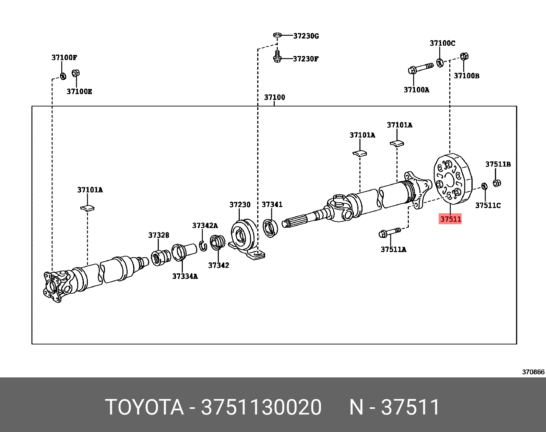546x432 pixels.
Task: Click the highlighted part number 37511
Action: click(x=450, y=219)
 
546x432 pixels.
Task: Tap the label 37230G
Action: click(x=306, y=36)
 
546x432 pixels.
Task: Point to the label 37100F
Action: click(x=64, y=57)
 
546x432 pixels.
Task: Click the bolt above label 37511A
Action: click(x=390, y=233)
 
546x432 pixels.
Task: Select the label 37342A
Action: click(x=205, y=225)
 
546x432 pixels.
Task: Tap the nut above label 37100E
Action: click(x=76, y=73)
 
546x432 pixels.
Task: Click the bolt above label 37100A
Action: click(x=420, y=68)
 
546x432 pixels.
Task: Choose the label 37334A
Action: click(x=185, y=276)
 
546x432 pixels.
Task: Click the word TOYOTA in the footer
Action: click(x=144, y=407)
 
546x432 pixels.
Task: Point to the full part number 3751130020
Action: click(x=261, y=407)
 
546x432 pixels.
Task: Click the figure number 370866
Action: click(x=533, y=372)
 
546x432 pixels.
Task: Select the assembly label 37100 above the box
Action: click(x=274, y=97)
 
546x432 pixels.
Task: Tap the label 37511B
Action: click(x=498, y=164)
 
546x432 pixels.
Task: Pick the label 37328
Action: click(x=158, y=235)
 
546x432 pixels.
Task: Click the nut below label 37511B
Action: click(x=497, y=183)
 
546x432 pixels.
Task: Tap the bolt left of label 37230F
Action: click(x=277, y=57)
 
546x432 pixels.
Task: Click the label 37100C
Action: click(x=442, y=43)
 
